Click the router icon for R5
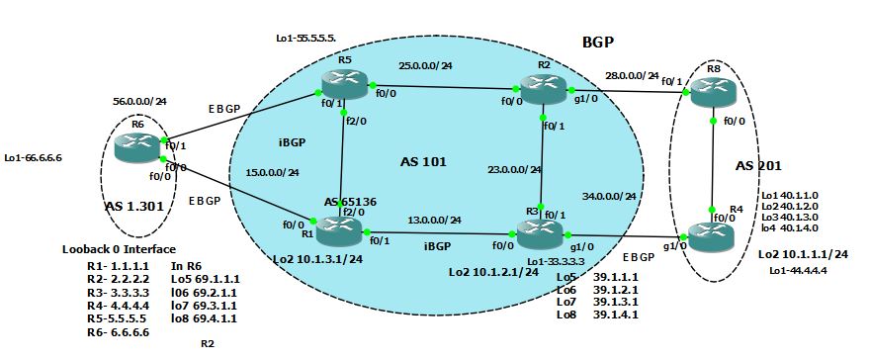click(342, 87)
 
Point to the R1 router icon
click(339, 233)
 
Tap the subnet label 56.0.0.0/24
click(139, 100)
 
